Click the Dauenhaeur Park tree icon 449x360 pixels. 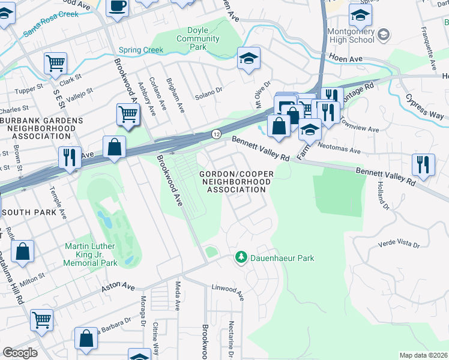tap(241, 257)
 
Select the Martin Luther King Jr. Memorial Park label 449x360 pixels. tap(91, 255)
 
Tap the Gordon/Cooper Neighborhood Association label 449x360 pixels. tap(236, 182)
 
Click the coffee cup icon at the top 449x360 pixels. tap(117, 6)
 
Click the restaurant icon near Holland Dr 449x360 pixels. tap(424, 163)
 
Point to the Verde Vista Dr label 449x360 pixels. tap(398, 244)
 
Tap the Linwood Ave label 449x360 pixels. tap(228, 291)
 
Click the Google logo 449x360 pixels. tap(20, 353)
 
